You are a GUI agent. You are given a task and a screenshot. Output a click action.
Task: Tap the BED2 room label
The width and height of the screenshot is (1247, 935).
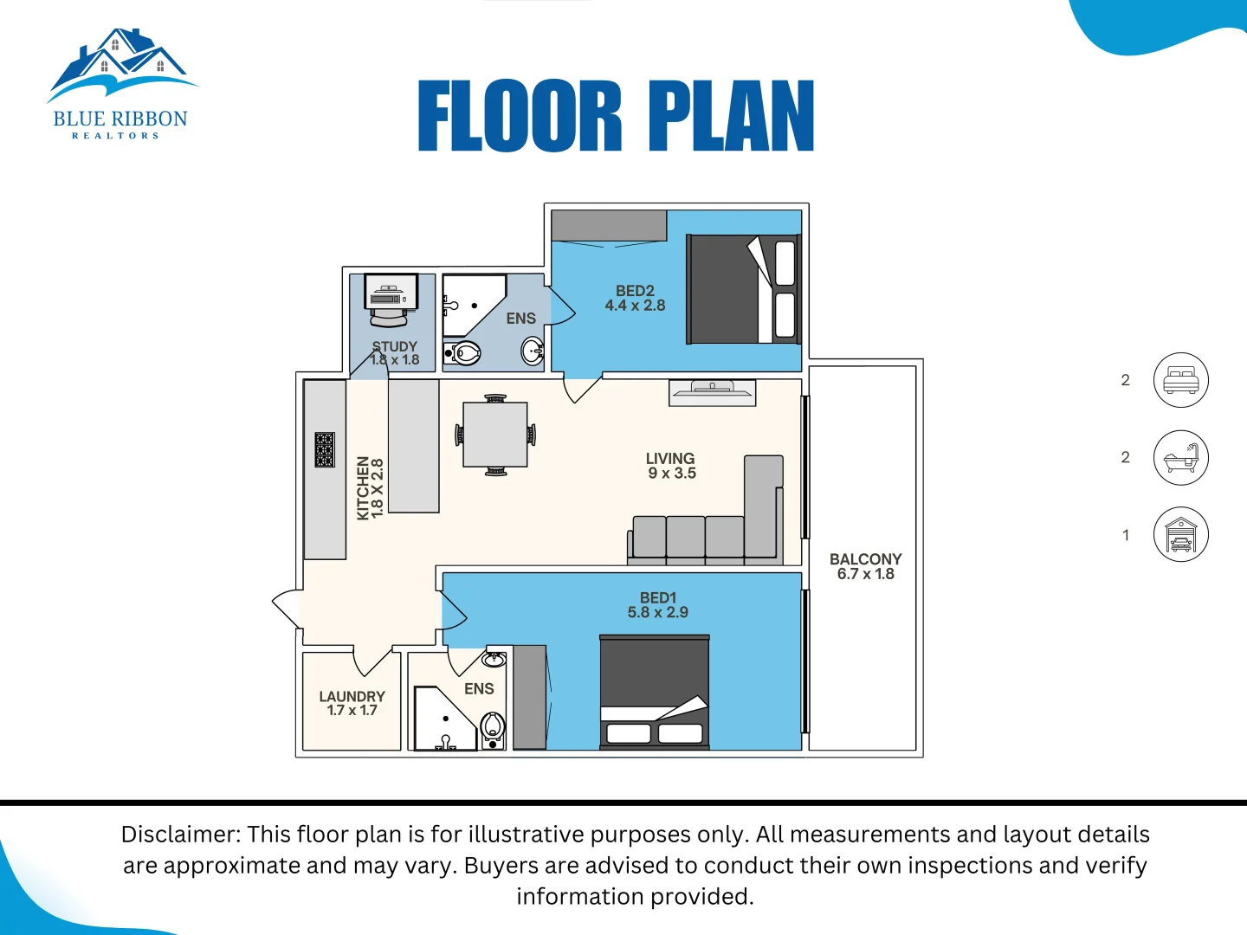tap(635, 298)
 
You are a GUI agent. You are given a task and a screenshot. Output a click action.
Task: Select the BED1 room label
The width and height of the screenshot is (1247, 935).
tap(658, 605)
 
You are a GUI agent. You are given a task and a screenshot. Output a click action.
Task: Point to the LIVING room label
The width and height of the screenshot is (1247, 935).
tap(671, 466)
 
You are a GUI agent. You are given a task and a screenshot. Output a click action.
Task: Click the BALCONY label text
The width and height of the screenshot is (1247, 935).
tap(865, 566)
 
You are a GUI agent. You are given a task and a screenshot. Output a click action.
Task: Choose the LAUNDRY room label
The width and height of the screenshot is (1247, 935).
tap(352, 703)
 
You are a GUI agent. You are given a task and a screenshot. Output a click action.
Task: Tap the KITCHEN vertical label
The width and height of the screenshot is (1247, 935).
tap(370, 488)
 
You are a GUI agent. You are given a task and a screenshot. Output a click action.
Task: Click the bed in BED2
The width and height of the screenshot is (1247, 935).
tap(743, 289)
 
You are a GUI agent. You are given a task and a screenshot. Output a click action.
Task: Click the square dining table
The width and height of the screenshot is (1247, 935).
tap(495, 435)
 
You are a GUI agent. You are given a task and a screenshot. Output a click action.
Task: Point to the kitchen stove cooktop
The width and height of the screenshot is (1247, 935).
tap(325, 450)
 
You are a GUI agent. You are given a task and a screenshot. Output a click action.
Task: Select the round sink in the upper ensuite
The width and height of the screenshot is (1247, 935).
tap(532, 351)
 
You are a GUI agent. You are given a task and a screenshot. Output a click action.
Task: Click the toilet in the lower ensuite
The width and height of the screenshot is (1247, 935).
tap(493, 727)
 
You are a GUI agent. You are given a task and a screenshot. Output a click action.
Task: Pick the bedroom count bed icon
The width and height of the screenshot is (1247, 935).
tap(1180, 380)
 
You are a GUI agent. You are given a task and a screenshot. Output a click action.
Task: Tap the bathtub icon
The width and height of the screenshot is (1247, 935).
tap(1180, 457)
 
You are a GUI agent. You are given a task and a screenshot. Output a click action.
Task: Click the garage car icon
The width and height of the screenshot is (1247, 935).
tap(1180, 534)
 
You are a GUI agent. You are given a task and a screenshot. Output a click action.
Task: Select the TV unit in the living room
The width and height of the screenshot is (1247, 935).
tap(712, 392)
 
